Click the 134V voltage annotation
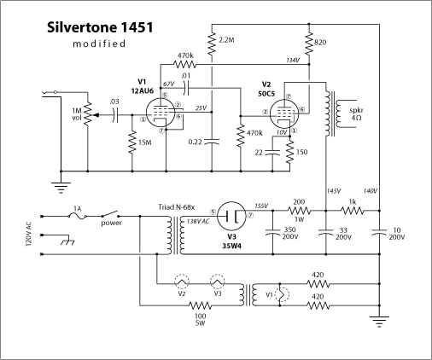tap(295, 61)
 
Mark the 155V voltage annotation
tap(260, 206)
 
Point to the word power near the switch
tap(111, 224)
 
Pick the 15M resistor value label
tap(144, 140)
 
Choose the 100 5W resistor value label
tap(200, 319)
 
